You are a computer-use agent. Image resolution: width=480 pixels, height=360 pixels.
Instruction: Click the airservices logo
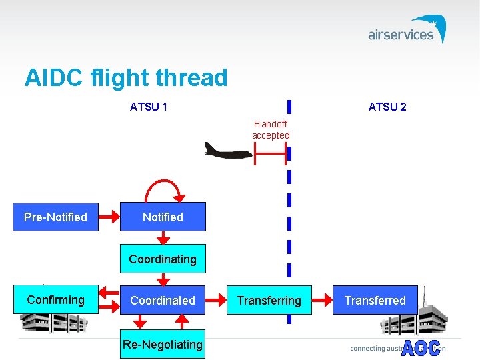point(407,31)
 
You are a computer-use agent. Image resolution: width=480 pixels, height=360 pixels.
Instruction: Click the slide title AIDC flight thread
point(126,78)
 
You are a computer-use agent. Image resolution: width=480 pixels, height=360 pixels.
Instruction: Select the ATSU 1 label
point(148,107)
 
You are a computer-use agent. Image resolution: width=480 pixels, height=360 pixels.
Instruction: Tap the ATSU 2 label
point(387,107)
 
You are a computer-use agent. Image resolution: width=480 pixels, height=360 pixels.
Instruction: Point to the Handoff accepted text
point(271,129)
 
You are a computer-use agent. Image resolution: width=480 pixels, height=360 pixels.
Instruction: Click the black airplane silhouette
point(227,151)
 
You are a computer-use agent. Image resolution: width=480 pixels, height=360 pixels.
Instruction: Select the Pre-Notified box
point(55,217)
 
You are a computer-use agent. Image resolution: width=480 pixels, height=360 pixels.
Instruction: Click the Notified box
point(163,217)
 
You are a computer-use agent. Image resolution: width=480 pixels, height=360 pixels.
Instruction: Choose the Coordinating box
point(163,259)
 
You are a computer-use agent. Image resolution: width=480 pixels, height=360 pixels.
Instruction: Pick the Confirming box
point(55,300)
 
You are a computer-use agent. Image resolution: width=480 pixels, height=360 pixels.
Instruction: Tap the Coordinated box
point(163,300)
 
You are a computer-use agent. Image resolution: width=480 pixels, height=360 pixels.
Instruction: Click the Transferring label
point(269,301)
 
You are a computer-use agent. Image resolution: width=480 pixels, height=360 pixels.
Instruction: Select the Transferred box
point(375,300)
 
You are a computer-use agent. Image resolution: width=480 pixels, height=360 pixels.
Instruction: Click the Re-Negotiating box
point(163,344)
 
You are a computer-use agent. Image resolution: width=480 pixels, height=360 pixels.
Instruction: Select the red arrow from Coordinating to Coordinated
point(163,279)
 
